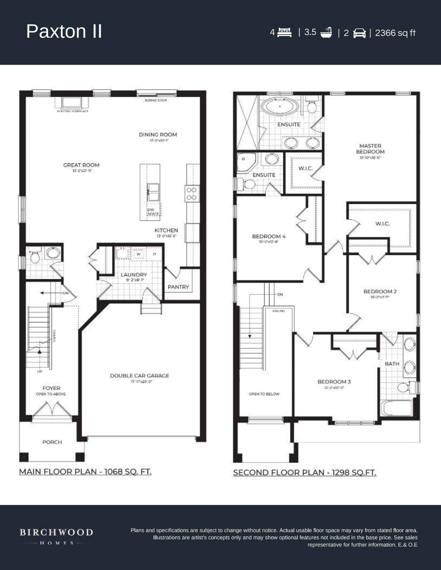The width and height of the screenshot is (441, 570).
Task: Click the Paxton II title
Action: point(64,31)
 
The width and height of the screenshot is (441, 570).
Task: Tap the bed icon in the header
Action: point(284,32)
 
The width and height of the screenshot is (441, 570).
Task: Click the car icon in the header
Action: point(359,33)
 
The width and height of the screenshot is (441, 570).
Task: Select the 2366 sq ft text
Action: point(395,33)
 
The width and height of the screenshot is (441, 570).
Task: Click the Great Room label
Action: point(81,165)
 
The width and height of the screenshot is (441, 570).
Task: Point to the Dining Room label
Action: point(158,135)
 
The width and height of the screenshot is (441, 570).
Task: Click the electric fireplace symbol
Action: point(72,103)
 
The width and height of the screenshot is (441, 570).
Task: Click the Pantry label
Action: point(178,287)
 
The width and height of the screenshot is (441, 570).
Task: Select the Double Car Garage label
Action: point(139,376)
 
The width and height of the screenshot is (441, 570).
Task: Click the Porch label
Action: point(52,442)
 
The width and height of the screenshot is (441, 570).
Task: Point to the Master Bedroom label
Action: point(370,149)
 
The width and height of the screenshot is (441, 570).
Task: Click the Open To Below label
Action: point(264,394)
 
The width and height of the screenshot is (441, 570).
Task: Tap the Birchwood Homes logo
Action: point(56,536)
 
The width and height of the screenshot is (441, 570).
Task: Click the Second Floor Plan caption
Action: point(304,473)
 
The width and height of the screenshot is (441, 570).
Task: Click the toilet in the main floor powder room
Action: point(35,257)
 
